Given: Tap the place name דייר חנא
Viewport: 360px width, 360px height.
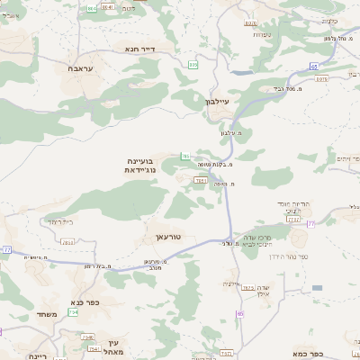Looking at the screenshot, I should pyautogui.click(x=139, y=49).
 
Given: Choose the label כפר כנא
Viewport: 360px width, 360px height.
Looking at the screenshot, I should pyautogui.click(x=85, y=303).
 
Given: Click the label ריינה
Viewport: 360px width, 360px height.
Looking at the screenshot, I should pyautogui.click(x=38, y=356).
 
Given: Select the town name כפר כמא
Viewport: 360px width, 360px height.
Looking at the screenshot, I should pyautogui.click(x=307, y=354).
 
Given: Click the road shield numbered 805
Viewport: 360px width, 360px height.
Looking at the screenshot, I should pyautogui.click(x=193, y=64).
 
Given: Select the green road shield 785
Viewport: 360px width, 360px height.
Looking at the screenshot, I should pyautogui.click(x=185, y=157).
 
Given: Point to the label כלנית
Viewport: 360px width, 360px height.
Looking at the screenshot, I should pyautogui.click(x=328, y=20).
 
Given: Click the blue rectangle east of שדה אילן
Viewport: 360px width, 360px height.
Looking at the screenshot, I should pyautogui.click(x=317, y=288).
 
